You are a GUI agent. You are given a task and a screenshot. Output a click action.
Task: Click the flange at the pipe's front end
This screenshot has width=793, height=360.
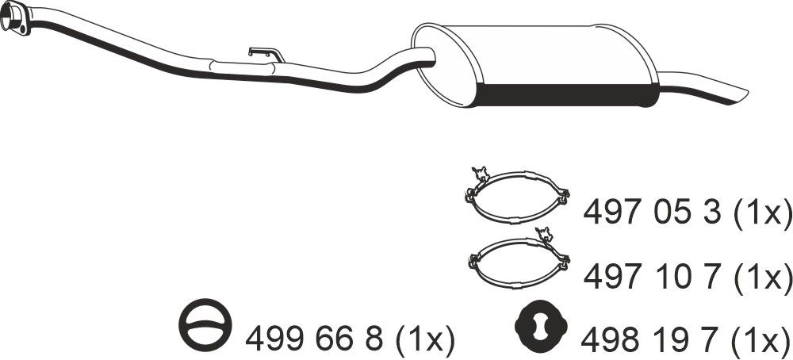(x=15, y=19)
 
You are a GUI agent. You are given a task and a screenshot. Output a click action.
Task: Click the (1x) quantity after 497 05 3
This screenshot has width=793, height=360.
(x=760, y=212)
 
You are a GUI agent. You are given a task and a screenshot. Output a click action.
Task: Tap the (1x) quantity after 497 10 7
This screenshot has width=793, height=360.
(x=760, y=277)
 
